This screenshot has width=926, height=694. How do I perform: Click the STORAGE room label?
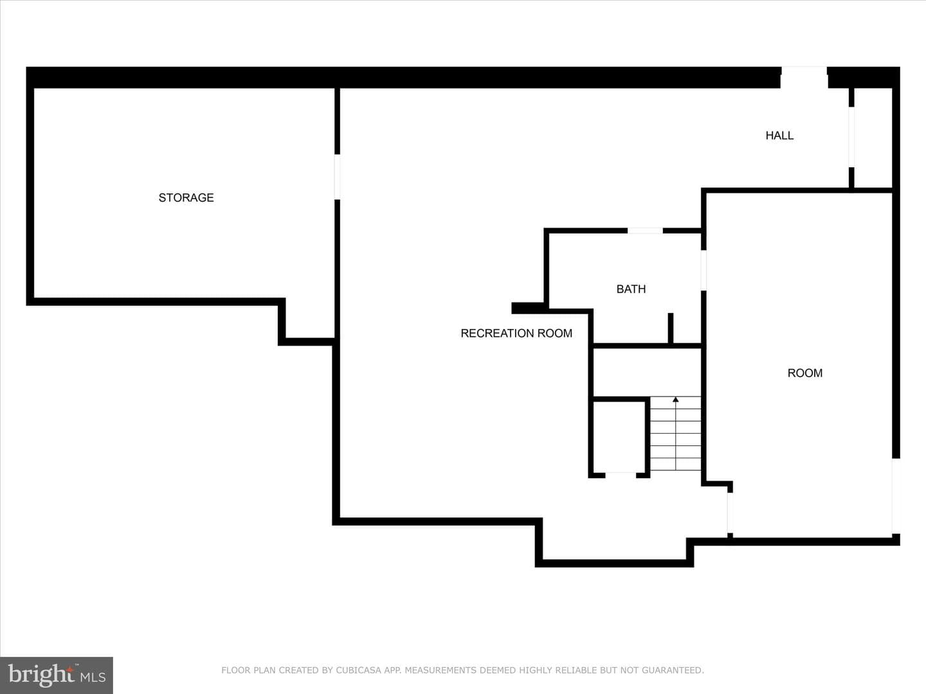186,198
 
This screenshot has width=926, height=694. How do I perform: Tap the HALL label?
779,135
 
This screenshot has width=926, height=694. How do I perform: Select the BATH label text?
631,289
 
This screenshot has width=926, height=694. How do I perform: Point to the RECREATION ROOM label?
516,334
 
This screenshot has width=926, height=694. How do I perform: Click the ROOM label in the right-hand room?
805,373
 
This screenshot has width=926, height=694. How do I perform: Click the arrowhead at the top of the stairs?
676,399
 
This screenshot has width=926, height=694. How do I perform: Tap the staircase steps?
675,433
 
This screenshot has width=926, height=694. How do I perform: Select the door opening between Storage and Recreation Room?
337,177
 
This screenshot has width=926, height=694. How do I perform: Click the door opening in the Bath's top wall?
645,231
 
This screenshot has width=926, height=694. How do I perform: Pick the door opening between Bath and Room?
704,270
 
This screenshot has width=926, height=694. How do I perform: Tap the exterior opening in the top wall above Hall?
804,77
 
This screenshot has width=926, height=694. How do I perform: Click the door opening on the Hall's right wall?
851,137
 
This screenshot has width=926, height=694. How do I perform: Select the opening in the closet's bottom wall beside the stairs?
621,476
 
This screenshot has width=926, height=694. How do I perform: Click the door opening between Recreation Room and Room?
730,513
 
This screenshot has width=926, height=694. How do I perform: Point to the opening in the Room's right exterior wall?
896,496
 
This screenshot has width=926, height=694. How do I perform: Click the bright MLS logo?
57,675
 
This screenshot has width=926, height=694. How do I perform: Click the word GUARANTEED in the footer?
673,670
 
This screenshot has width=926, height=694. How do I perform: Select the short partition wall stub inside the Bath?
670,328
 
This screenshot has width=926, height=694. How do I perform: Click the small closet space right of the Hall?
873,138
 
